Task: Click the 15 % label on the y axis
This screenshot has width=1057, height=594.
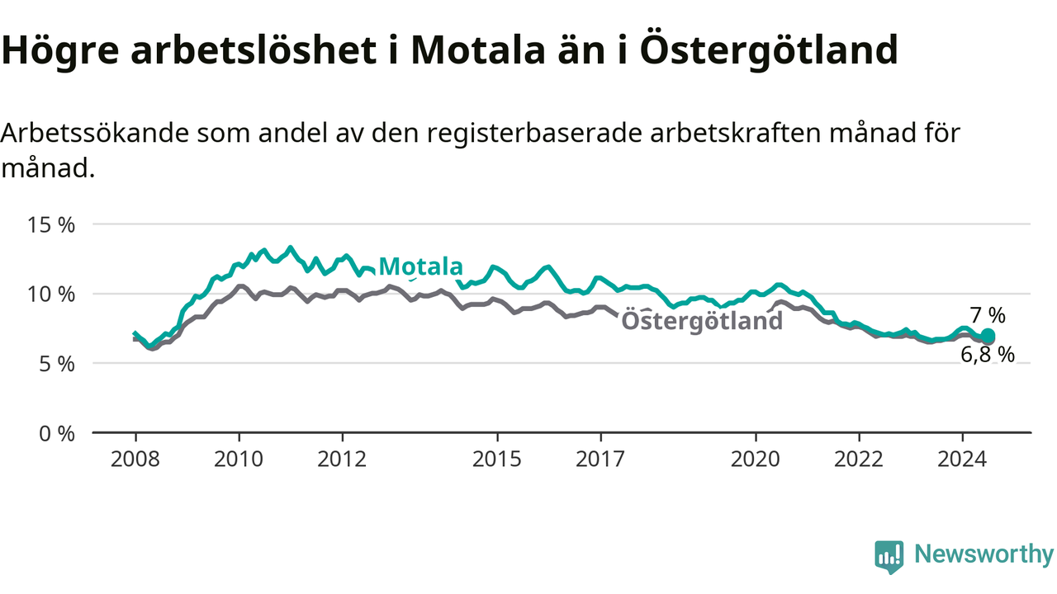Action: (x=51, y=225)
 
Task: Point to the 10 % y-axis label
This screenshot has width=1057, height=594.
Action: (x=51, y=295)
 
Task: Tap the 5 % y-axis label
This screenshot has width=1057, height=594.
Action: (x=57, y=364)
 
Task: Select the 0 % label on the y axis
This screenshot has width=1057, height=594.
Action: (x=57, y=434)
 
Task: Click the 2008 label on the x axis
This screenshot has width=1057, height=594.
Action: (x=135, y=460)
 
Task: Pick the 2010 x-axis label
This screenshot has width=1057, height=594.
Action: (x=239, y=460)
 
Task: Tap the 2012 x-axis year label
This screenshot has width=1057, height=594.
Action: (x=342, y=460)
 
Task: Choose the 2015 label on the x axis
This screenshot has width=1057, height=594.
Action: (x=497, y=460)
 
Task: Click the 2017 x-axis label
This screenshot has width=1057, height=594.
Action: (x=600, y=460)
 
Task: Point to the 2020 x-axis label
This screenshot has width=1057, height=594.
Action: (x=756, y=460)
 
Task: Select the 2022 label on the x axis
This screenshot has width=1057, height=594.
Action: (x=859, y=460)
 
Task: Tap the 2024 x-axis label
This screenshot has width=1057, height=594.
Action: (x=962, y=460)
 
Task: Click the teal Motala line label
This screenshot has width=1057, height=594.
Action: (x=420, y=266)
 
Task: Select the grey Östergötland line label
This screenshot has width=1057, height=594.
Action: (x=702, y=321)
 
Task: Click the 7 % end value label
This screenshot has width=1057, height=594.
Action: (x=988, y=315)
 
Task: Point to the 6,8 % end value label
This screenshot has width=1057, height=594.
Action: (x=988, y=355)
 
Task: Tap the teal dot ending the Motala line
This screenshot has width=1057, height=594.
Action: (x=988, y=336)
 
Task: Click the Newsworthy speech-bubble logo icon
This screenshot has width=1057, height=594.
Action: (x=889, y=557)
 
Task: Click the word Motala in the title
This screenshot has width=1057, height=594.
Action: (x=478, y=50)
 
